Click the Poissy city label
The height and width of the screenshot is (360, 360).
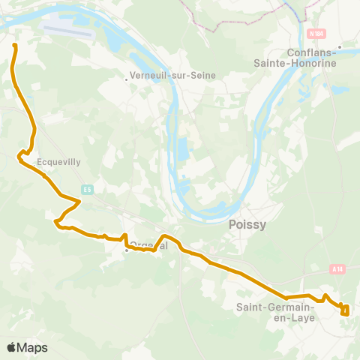point(245,224)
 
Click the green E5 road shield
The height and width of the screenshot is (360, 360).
point(88,189)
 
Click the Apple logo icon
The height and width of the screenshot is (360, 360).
point(12,347)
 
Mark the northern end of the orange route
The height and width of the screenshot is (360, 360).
point(14,45)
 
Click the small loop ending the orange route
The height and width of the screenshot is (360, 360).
point(345,310)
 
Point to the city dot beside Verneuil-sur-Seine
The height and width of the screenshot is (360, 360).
point(127,76)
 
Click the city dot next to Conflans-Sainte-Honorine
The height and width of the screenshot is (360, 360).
point(340,46)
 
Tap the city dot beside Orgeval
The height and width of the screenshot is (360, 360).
point(127,250)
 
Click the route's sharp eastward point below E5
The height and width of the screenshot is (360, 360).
point(79,201)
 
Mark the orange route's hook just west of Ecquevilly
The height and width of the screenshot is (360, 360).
point(20,155)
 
